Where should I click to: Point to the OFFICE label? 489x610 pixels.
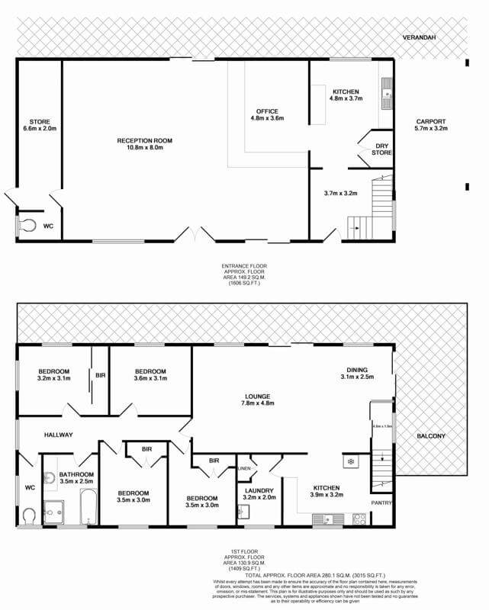[267, 111]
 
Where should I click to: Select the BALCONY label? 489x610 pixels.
[431, 436]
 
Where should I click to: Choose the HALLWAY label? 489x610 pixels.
[57, 435]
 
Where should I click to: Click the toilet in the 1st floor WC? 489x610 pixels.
[28, 516]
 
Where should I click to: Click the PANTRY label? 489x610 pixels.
[381, 503]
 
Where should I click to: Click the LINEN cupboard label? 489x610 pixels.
[244, 468]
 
